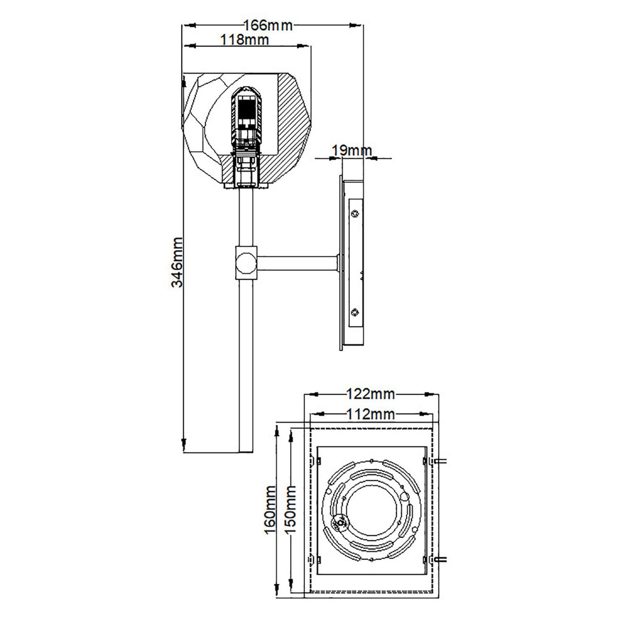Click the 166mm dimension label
tap(268, 26)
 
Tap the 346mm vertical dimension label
tap(177, 262)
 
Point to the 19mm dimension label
tap(352, 151)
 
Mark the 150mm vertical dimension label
tap(290, 509)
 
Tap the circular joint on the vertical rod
tap(246, 262)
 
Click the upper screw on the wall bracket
tap(355, 213)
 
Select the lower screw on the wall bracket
tap(355, 313)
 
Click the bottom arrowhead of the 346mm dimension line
tap(183, 444)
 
